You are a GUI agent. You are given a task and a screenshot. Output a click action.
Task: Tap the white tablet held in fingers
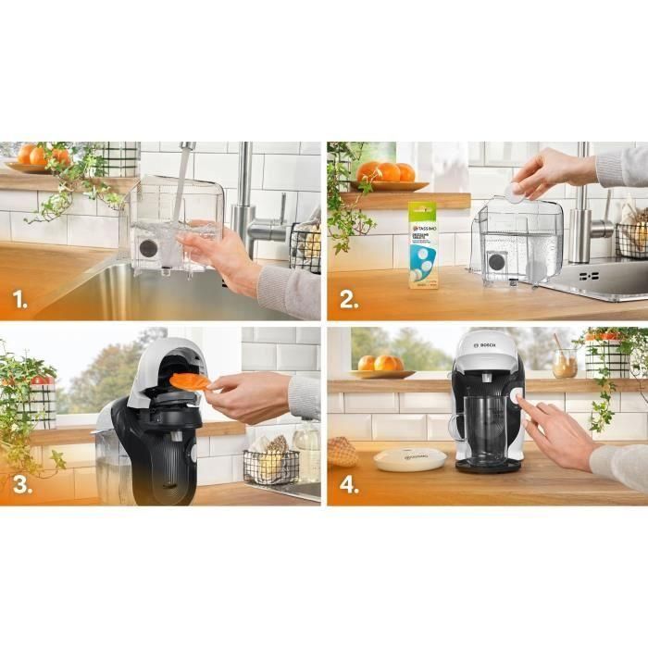tap(513, 192)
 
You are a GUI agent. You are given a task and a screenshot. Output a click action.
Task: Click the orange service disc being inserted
tap(191, 380)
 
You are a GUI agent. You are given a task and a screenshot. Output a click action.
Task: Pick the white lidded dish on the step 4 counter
tap(409, 457)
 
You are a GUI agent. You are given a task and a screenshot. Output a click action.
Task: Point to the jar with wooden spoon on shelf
tap(564, 362)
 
